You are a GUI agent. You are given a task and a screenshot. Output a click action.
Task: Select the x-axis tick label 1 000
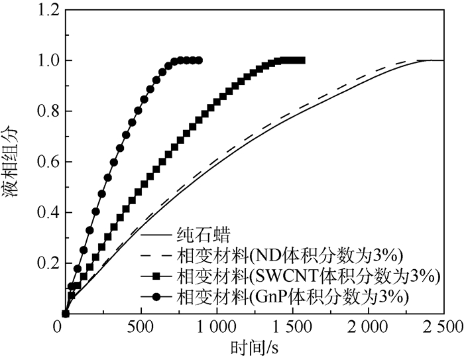pyautogui.click(x=217, y=328)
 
